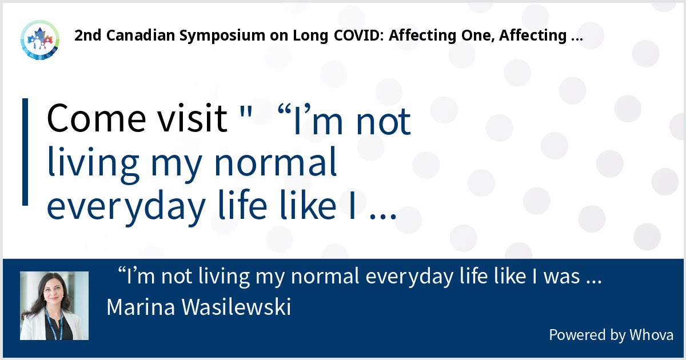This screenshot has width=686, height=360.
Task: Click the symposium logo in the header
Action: coord(39,39)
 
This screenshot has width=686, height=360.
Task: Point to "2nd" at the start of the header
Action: coord(86,36)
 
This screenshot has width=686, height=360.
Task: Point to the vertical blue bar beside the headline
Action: coord(25,151)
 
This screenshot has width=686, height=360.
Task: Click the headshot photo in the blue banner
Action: coord(54,306)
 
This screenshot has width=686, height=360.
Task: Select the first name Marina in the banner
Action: coord(141,307)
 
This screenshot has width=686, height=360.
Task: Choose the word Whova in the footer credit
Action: coord(652,335)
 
